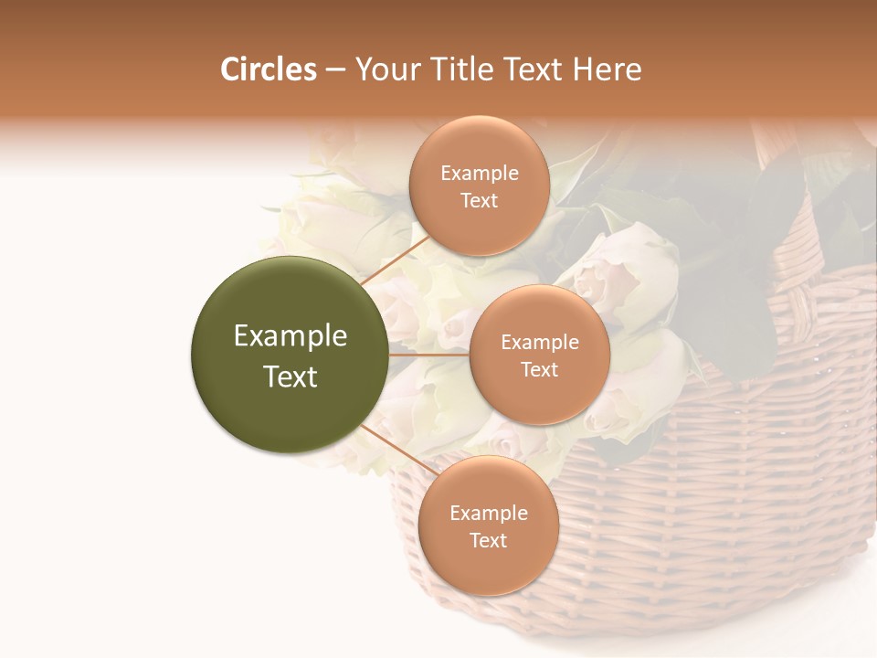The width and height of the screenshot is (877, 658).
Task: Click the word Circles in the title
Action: click(269, 69)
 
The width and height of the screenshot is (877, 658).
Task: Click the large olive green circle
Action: click(290, 356)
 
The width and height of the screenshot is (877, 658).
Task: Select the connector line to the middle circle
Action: click(429, 355)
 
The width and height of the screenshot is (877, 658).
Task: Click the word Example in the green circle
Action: click(290, 336)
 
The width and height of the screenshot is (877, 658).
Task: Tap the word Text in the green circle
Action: click(290, 377)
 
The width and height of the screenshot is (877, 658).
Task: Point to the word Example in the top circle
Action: click(479, 174)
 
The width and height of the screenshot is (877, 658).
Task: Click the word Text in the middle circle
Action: click(539, 369)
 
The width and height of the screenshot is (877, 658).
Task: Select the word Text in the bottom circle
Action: click(488, 540)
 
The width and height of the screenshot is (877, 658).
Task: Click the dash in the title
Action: click(335, 70)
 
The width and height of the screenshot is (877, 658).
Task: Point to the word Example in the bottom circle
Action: click(488, 513)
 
